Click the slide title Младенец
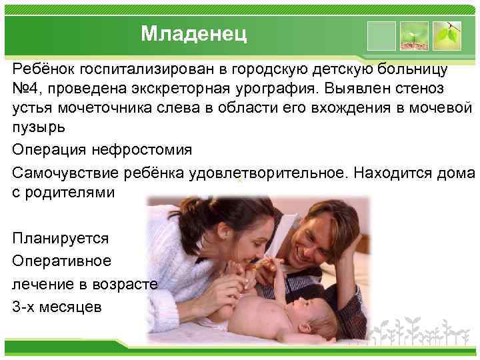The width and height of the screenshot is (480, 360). tap(193, 33)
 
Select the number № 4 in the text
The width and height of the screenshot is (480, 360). tap(26, 89)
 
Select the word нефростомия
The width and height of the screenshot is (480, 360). tap(144, 150)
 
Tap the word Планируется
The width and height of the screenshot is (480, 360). tap(61, 238)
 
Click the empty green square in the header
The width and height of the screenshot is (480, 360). tap(381, 36)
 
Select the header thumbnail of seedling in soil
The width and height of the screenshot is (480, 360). tap(414, 36)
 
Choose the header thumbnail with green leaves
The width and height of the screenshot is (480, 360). tap(447, 36)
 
